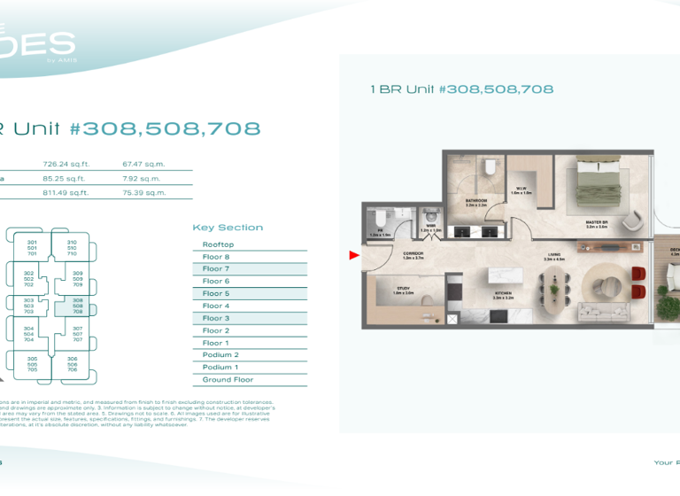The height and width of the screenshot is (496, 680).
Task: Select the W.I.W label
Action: coord(522,190)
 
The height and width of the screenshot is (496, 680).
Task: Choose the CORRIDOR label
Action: coord(413,255)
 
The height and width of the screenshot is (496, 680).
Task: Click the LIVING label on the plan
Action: coord(554,256)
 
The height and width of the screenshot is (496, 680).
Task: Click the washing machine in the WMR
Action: coord(431,216)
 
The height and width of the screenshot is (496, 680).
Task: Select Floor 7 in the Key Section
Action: coord(216,268)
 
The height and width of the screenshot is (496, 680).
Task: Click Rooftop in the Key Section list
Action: coord(218,244)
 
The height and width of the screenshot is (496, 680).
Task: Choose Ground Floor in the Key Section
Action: coord(228,380)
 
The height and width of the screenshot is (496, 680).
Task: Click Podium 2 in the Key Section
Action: coord(220,355)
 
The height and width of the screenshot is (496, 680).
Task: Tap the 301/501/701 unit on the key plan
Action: coord(32,247)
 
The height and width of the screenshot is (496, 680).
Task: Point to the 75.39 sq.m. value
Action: coord(143,192)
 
